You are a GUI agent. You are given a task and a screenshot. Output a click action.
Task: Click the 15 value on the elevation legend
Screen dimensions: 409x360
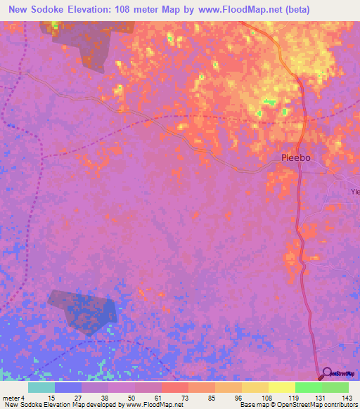[x=41, y=398]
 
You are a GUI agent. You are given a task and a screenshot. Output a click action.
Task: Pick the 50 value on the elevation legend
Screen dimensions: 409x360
[x=121, y=398]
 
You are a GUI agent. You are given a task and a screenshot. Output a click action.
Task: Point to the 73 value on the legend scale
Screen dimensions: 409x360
[x=174, y=398]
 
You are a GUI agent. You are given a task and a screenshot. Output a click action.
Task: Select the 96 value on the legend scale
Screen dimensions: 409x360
[x=227, y=398]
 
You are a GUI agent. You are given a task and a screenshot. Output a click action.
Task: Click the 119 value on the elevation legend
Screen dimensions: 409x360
[x=281, y=398]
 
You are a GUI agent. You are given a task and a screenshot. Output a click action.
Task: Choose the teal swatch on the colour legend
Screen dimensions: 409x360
[x=41, y=387]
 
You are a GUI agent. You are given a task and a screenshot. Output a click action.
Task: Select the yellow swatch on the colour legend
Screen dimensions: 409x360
[x=281, y=387]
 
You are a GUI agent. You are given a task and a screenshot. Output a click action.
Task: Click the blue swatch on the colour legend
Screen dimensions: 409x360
[x=68, y=387]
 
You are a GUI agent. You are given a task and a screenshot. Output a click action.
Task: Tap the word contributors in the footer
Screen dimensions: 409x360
[x=339, y=405]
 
